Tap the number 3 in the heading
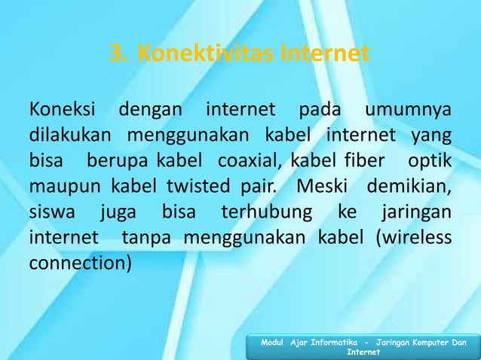click(x=116, y=54)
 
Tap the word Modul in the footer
click(x=274, y=343)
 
